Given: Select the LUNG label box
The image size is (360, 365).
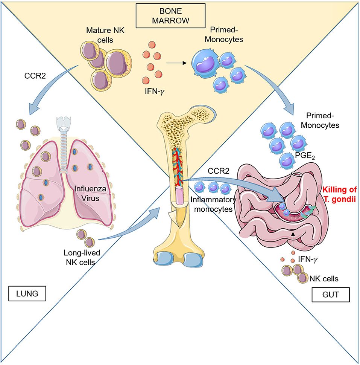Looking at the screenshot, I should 27,292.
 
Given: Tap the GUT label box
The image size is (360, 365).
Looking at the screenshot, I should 331,295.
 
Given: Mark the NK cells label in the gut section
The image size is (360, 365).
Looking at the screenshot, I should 324,279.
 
